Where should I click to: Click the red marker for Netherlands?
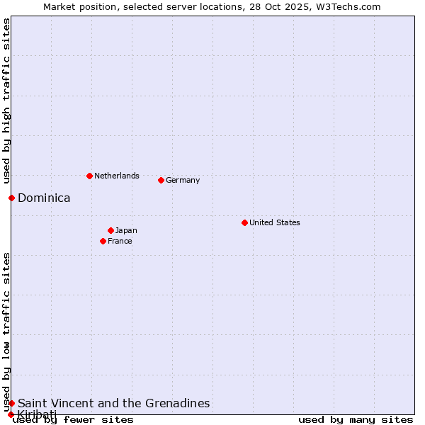pos(89,176)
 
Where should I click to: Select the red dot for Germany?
pos(161,180)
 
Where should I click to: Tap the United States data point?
pos(244,222)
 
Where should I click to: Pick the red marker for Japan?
pos(110,230)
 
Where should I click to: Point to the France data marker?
pos(103,241)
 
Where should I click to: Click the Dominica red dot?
pos(11,198)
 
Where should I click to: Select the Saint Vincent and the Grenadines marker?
pos(11,403)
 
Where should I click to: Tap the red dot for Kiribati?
pos(11,414)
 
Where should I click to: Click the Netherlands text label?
pos(117,176)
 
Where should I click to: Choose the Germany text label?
pos(183,180)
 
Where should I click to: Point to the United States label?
pos(275,222)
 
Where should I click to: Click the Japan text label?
pos(126,230)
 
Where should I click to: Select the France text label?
pos(120,241)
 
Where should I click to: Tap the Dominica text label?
pos(44,198)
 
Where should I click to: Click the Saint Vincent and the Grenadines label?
pos(113,403)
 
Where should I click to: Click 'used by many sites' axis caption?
pos(356,419)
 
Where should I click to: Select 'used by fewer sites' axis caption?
pos(74,419)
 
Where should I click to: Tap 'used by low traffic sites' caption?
pos(6,331)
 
